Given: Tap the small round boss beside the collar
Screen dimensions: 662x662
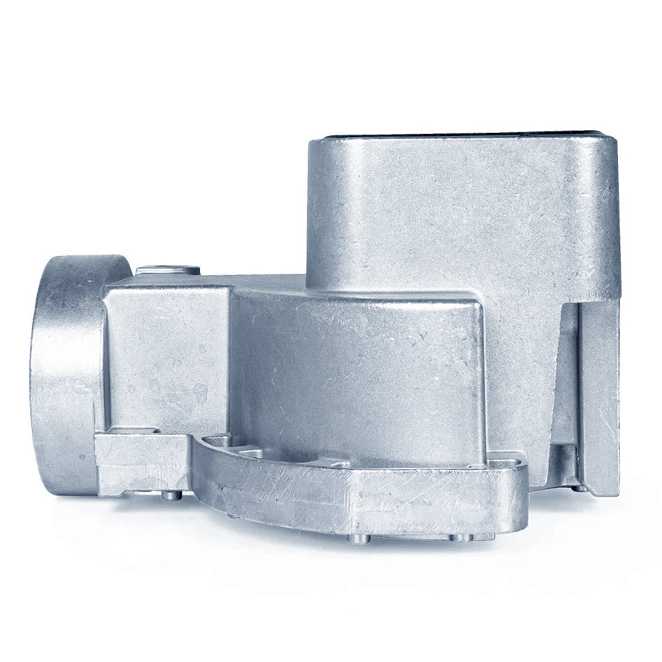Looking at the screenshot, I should tap(168, 270).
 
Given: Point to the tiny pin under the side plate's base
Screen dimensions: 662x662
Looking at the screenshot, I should tap(579, 488).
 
